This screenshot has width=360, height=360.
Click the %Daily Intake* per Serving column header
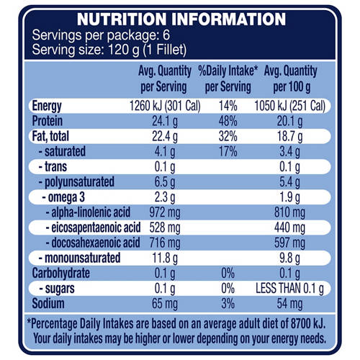[x=233, y=78]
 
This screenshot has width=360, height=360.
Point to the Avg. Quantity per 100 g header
[x=299, y=78]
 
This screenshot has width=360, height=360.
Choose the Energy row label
[x=52, y=107]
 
